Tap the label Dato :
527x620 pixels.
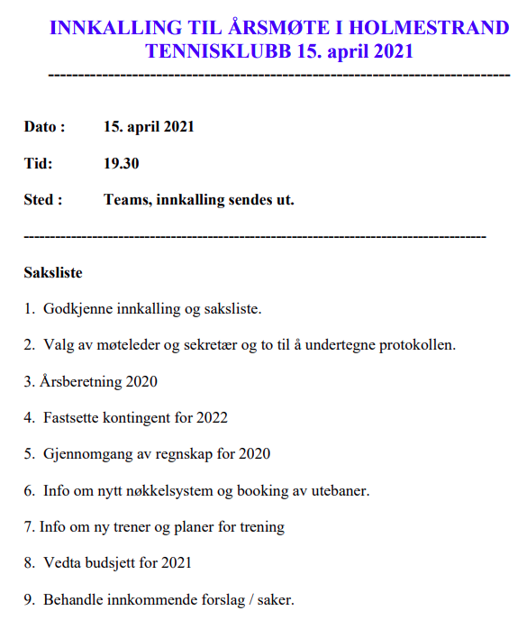click(44, 127)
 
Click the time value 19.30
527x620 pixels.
click(122, 163)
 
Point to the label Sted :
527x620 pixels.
click(43, 200)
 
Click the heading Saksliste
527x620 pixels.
click(53, 272)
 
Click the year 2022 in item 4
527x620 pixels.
click(211, 417)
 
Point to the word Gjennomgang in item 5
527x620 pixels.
click(87, 454)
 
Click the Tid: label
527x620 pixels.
click(38, 163)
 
